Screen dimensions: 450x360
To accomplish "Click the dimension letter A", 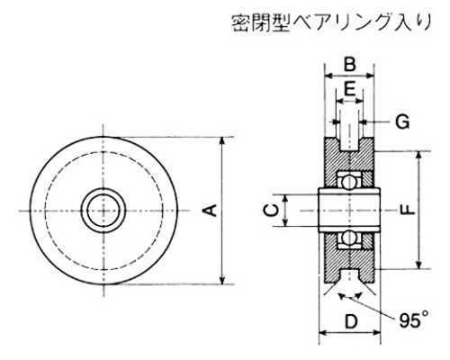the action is (212, 210).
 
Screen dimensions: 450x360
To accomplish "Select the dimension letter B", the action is (350, 64).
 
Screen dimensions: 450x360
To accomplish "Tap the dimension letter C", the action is (271, 210).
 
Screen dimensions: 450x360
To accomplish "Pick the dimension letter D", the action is (351, 321).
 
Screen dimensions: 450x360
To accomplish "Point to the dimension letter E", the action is (349, 89).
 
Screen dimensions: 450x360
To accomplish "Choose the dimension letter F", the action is (407, 210).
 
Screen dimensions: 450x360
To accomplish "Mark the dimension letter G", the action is (402, 121).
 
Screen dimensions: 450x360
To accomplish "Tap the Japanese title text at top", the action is (331, 22).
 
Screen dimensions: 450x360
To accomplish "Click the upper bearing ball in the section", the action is (349, 182).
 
